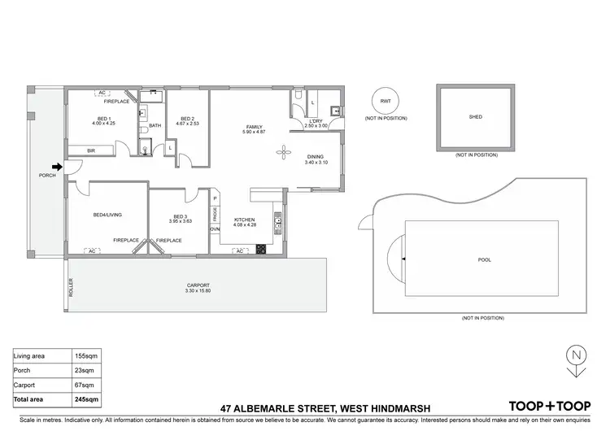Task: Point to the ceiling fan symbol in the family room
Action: (283, 150)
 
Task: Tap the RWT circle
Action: (386, 100)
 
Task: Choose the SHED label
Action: (475, 117)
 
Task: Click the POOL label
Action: (485, 259)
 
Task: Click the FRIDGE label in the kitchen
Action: (215, 214)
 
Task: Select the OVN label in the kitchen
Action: (215, 229)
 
